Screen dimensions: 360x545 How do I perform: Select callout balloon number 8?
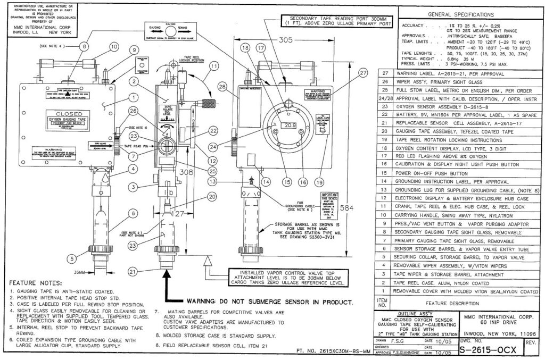[84, 46]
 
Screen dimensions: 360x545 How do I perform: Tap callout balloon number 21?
[133, 271]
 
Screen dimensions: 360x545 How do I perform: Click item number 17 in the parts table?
[384, 157]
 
